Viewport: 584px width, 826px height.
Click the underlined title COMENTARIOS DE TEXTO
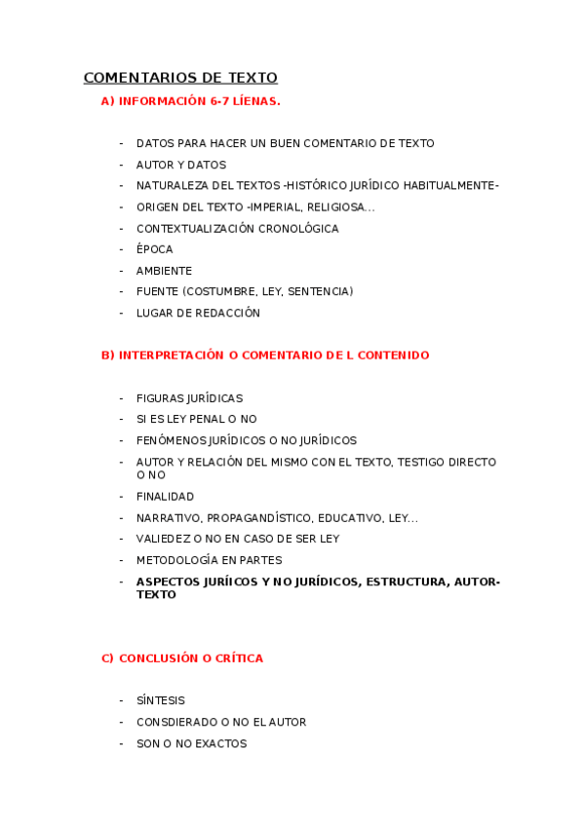click(x=180, y=78)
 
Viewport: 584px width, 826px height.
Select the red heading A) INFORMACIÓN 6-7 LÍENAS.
click(x=190, y=100)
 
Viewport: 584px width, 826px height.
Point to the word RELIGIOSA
click(x=341, y=207)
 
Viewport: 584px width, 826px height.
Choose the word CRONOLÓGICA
click(x=292, y=229)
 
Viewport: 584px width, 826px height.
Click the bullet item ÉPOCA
click(x=154, y=250)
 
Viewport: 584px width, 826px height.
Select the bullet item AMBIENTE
click(x=164, y=271)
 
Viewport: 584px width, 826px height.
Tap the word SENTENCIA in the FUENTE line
click(x=318, y=292)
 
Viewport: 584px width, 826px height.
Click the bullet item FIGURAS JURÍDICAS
click(x=189, y=398)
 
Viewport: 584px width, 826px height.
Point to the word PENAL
click(x=200, y=420)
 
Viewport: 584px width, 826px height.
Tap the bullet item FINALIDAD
click(x=165, y=497)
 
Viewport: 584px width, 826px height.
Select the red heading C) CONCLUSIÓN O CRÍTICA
click(x=182, y=658)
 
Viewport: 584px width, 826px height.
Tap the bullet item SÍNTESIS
click(x=160, y=700)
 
